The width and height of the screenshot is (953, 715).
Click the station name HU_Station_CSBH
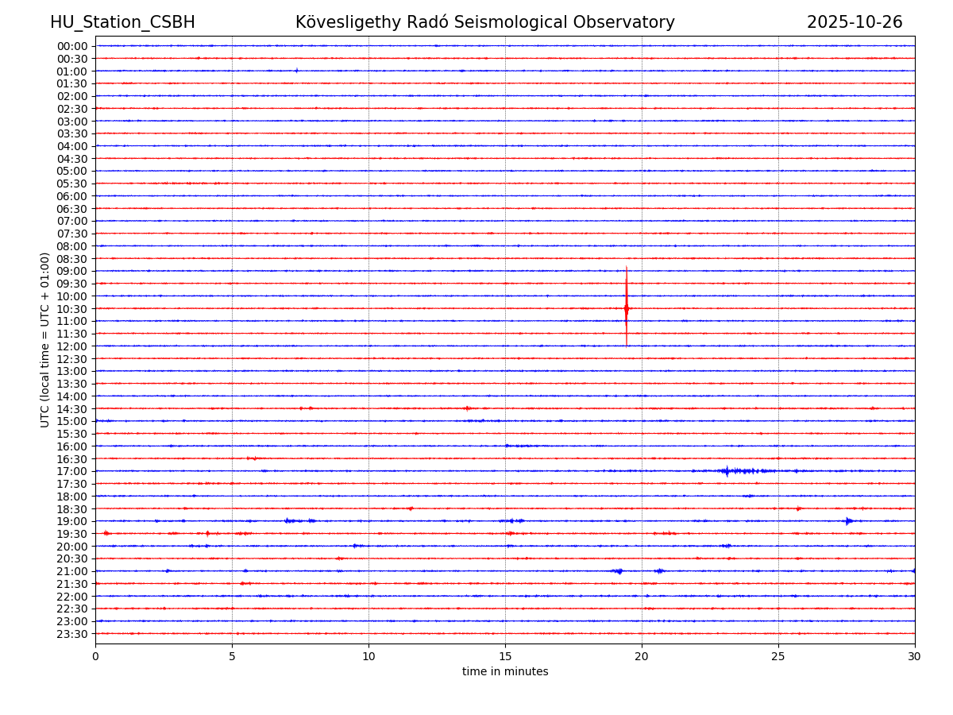pyautogui.click(x=122, y=22)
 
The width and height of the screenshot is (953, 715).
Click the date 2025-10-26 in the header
pyautogui.click(x=855, y=22)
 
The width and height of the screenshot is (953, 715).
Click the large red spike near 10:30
pyautogui.click(x=626, y=307)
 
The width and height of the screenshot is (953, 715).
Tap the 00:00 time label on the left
pyautogui.click(x=72, y=46)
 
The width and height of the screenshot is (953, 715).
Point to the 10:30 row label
pyautogui.click(x=72, y=308)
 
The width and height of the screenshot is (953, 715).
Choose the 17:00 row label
pyautogui.click(x=72, y=471)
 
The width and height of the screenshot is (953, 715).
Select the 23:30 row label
pyautogui.click(x=72, y=634)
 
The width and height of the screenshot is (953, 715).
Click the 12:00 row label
pyautogui.click(x=72, y=346)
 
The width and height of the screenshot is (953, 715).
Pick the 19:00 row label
pyautogui.click(x=72, y=521)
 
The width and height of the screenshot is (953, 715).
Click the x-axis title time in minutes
pyautogui.click(x=505, y=672)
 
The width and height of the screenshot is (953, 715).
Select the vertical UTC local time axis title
pyautogui.click(x=45, y=339)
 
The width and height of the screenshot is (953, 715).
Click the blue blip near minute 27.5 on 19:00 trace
pyautogui.click(x=848, y=521)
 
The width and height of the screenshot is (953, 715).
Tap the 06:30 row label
pyautogui.click(x=72, y=209)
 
